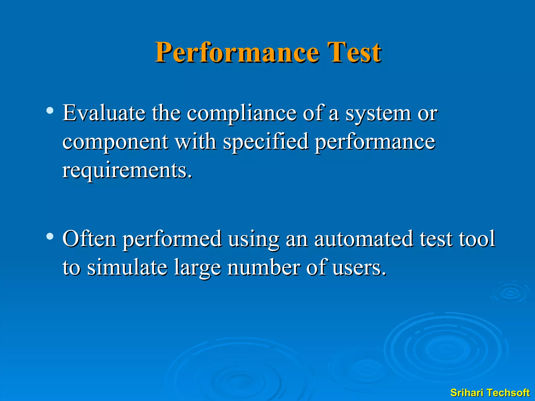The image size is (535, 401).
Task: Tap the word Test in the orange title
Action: [x=354, y=53]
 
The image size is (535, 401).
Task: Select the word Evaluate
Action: [x=104, y=113]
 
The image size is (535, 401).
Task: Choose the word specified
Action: [x=266, y=142]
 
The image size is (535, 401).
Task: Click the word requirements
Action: [x=127, y=170]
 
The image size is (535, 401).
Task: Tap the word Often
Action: [x=89, y=239]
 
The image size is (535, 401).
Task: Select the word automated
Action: [x=364, y=239]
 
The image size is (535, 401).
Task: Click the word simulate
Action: [x=127, y=267]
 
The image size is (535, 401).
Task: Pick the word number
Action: [x=264, y=267]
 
